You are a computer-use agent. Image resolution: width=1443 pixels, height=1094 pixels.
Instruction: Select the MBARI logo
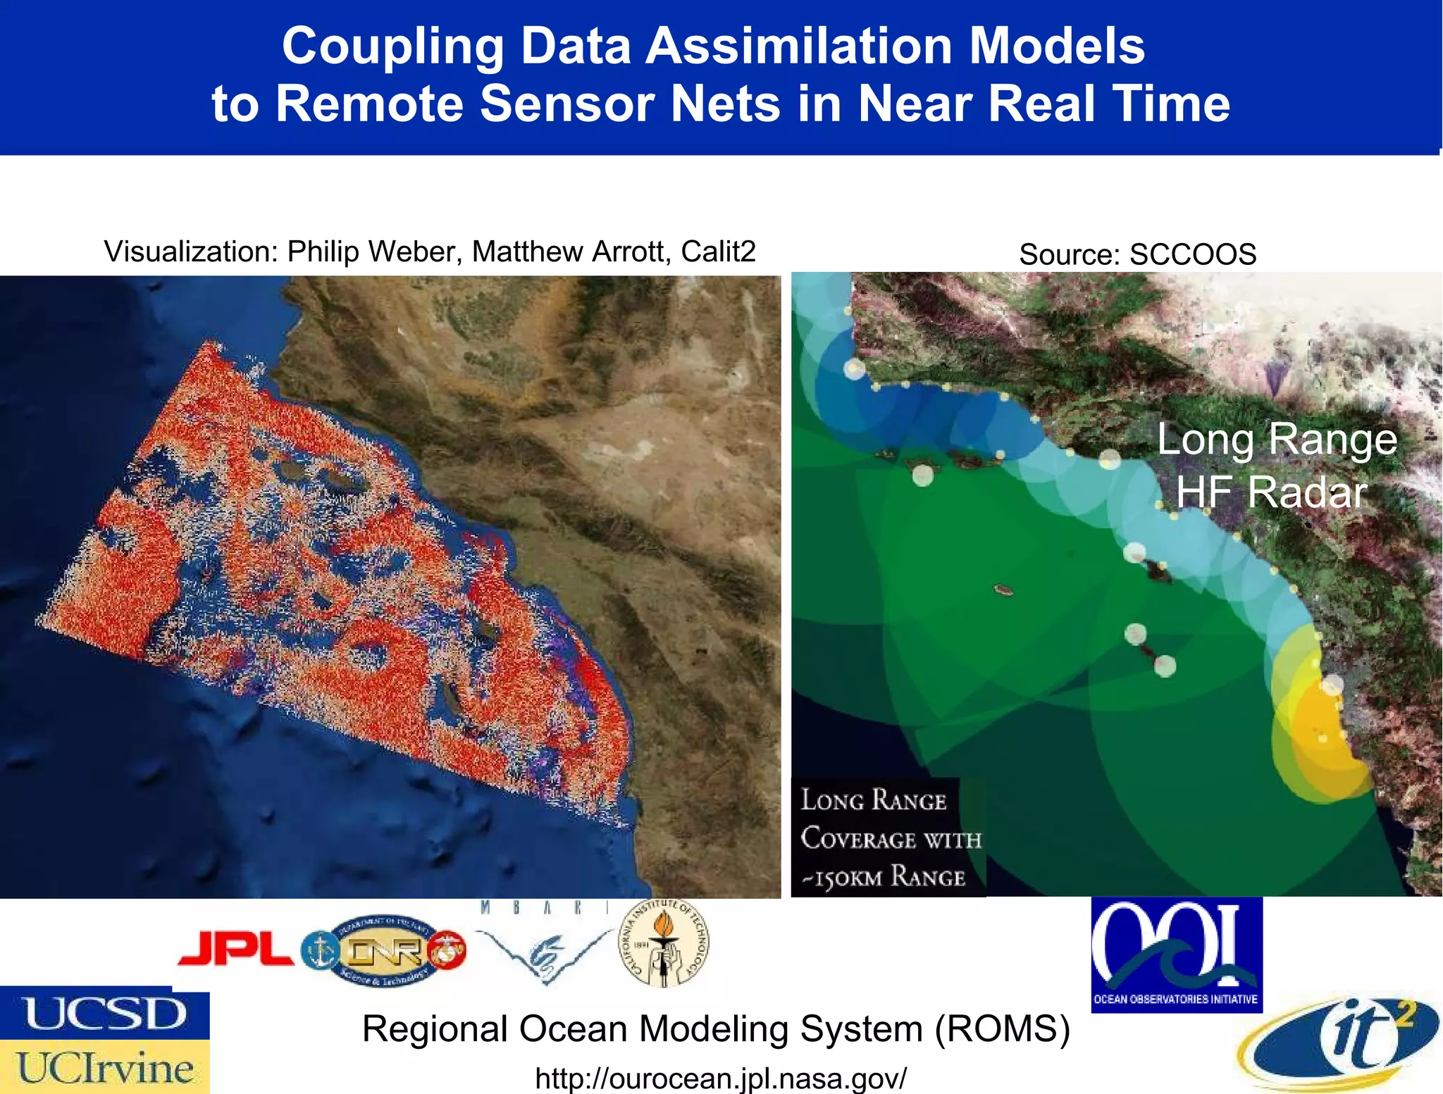point(544,944)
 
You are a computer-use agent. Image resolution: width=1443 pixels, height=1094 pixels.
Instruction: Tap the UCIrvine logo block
point(105,1067)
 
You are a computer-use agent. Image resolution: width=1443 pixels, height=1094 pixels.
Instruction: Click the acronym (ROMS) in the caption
point(1003,1029)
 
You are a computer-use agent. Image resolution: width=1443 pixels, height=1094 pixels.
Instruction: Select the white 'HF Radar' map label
point(1272,492)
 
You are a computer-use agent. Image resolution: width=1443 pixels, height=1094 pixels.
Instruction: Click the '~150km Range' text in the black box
point(884,877)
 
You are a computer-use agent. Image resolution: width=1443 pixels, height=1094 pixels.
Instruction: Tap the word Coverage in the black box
point(857,839)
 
